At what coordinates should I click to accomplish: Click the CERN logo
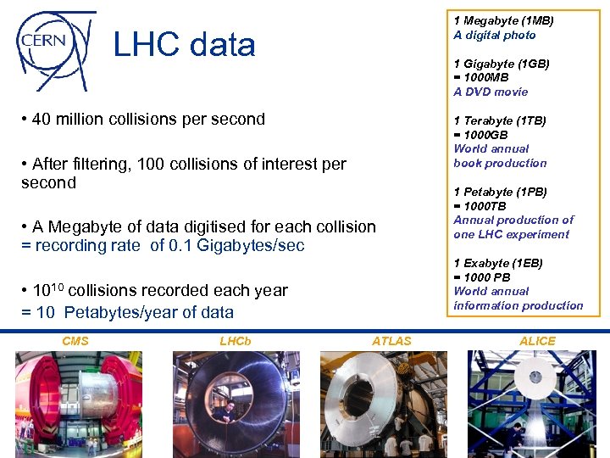(53, 43)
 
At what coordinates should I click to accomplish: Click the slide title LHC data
(184, 45)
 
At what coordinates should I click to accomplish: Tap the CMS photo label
(75, 341)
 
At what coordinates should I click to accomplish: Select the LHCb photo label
(235, 341)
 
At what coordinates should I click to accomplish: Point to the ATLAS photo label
(391, 341)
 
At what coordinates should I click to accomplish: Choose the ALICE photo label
(537, 341)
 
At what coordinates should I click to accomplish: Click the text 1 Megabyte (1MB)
(503, 20)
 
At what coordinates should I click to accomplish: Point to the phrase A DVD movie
(491, 92)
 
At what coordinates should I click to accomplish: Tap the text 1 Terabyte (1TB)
(500, 120)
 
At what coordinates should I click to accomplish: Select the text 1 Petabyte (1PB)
(500, 192)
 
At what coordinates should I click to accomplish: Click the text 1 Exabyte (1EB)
(498, 263)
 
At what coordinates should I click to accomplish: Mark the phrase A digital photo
(495, 35)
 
